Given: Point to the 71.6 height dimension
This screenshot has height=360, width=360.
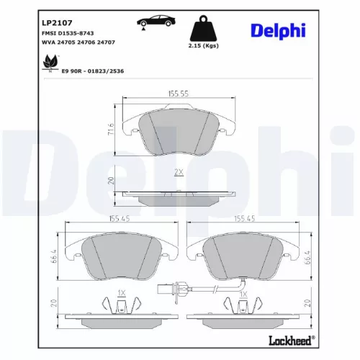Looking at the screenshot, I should coord(112,130).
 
